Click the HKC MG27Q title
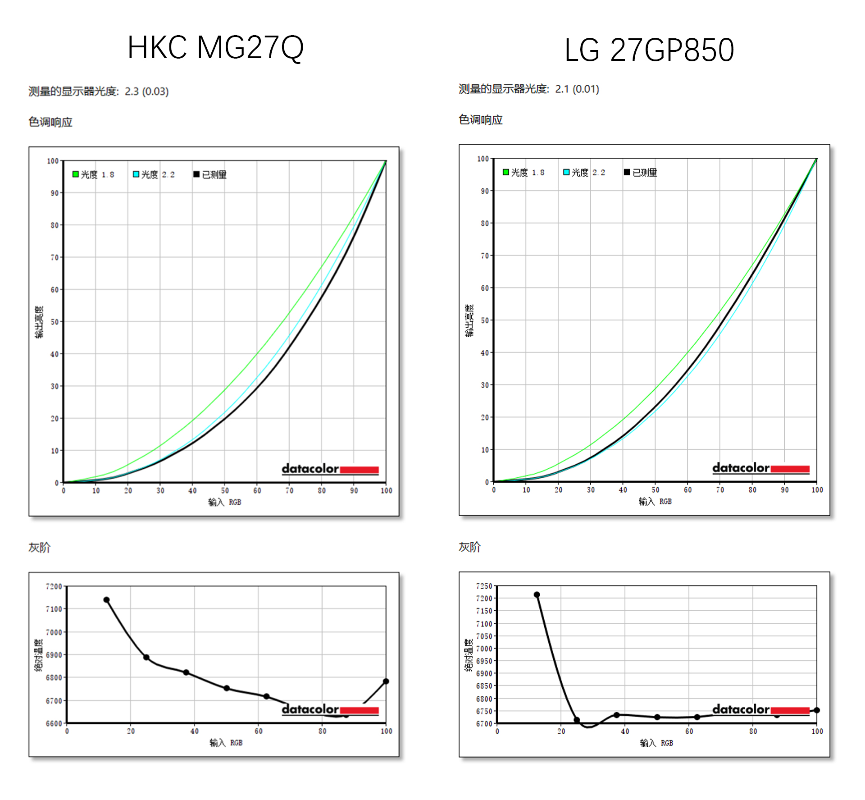click(215, 47)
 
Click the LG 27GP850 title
click(649, 50)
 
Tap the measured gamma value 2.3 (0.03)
click(146, 91)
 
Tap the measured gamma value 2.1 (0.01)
click(577, 89)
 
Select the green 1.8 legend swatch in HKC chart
click(76, 174)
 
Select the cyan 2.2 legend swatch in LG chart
click(566, 172)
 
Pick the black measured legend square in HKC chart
click(196, 174)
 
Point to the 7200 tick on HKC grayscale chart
click(54, 586)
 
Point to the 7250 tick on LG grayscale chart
click(484, 586)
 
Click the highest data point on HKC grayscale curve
click(107, 600)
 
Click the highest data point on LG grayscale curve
click(537, 595)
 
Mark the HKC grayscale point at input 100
click(386, 681)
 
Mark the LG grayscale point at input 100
click(816, 710)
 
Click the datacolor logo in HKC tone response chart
click(330, 469)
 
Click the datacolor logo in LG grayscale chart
click(760, 710)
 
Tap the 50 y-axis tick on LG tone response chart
click(485, 320)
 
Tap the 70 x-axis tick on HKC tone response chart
click(289, 491)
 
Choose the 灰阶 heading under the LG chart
click(469, 547)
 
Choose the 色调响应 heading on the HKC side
click(50, 122)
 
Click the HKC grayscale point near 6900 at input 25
click(146, 658)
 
